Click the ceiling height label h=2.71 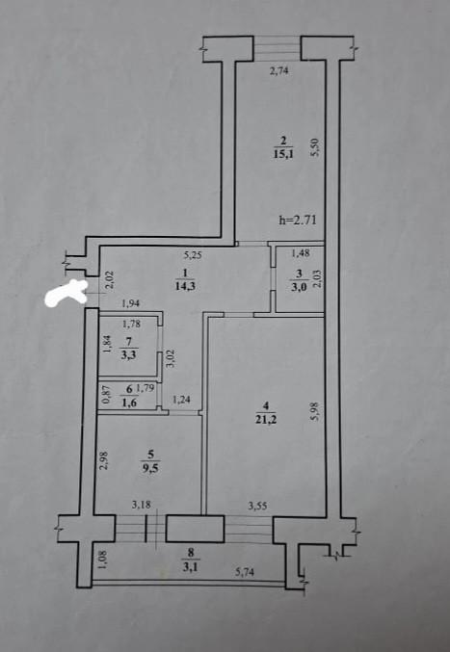pos(298,221)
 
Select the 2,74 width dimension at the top pos(279,71)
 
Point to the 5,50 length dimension pos(313,146)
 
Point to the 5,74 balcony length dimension pos(250,572)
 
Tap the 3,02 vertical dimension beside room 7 pos(170,357)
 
